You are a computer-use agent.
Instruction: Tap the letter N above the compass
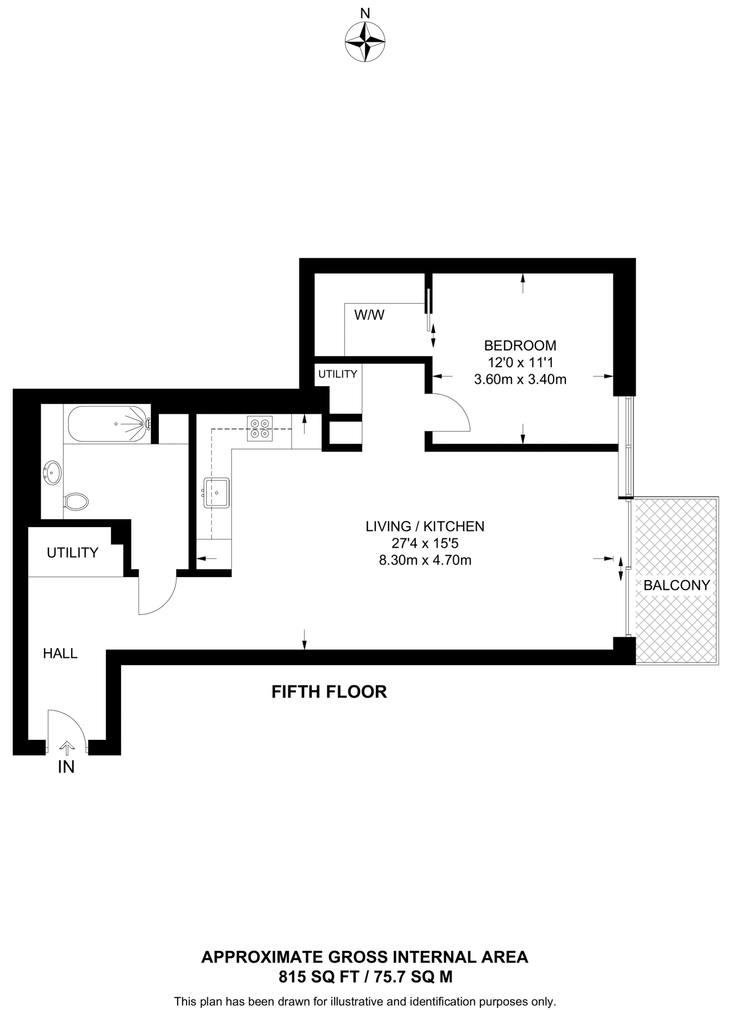click(x=365, y=14)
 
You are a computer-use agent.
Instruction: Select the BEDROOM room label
click(x=520, y=345)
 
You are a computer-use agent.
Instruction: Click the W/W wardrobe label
click(x=369, y=315)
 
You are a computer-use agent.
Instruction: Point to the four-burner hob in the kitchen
click(x=260, y=429)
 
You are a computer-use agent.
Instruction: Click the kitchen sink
click(x=217, y=493)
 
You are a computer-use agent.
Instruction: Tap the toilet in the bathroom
click(x=77, y=502)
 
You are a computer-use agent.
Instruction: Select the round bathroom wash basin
click(x=52, y=472)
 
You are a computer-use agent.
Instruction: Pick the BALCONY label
click(x=676, y=585)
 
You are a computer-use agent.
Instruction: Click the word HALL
click(x=60, y=653)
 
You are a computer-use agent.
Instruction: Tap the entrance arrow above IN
click(x=67, y=748)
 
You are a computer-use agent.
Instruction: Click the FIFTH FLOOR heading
click(x=329, y=692)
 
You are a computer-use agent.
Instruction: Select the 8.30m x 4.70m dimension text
click(x=425, y=560)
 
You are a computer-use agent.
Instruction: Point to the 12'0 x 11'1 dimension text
click(x=520, y=362)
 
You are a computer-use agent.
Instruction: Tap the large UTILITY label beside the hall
click(x=73, y=552)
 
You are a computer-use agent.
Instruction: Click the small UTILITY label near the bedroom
click(x=338, y=374)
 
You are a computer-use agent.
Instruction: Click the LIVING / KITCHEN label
click(x=425, y=526)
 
